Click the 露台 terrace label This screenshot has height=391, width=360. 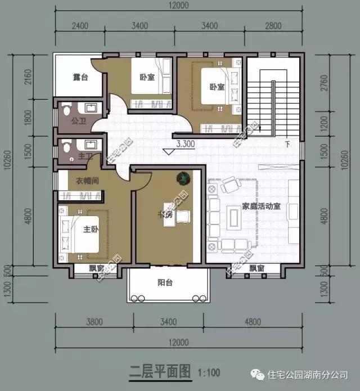(80, 77)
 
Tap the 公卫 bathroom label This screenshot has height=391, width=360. (79, 119)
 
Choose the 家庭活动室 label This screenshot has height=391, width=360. (261, 206)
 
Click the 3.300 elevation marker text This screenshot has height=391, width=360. (185, 143)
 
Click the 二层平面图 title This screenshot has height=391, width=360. (160, 372)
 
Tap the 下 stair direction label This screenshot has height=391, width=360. (287, 143)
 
